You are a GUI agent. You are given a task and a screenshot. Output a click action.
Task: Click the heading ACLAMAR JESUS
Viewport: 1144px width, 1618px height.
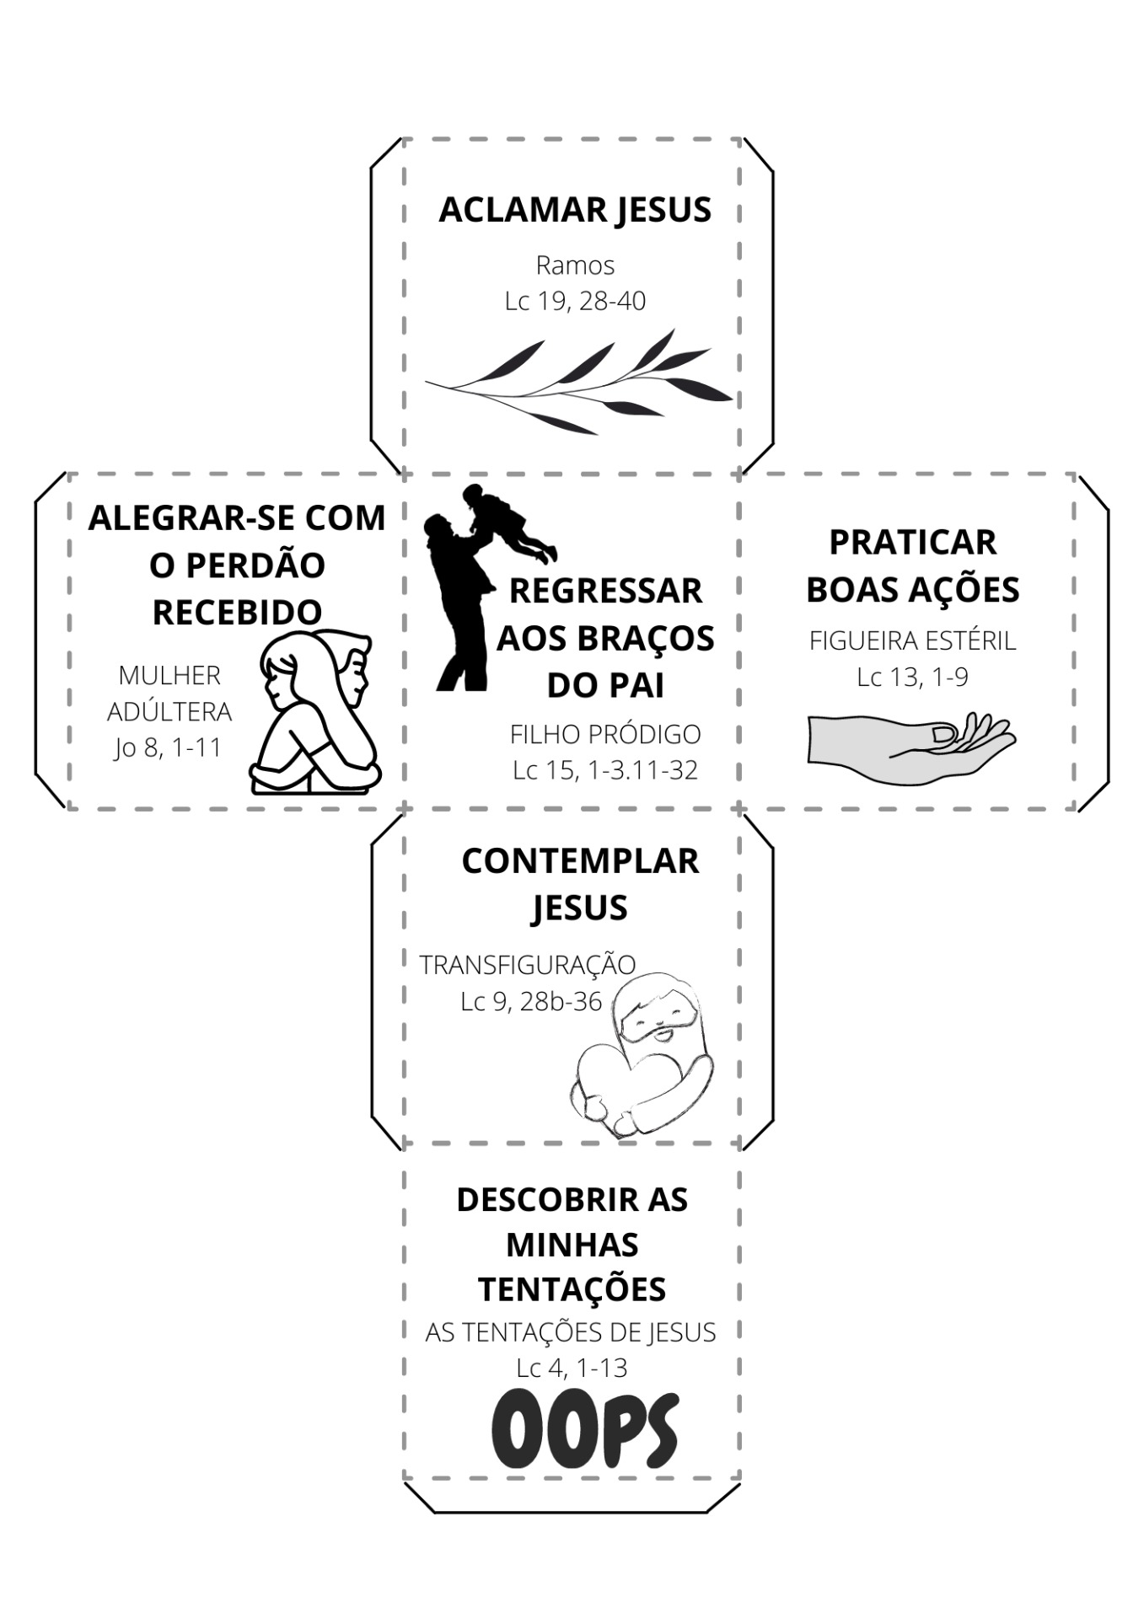575,210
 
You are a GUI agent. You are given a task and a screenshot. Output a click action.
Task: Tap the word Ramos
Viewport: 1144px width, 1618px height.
575,265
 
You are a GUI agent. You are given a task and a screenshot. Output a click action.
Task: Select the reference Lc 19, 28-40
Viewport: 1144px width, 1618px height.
575,301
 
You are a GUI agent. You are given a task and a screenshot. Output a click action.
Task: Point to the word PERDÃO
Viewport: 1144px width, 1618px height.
255,565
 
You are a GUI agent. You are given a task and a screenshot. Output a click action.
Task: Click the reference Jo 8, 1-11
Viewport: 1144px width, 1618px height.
169,747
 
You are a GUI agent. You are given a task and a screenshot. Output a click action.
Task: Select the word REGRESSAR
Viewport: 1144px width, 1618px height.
605,591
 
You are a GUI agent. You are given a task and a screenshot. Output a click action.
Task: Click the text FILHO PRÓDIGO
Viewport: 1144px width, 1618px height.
605,735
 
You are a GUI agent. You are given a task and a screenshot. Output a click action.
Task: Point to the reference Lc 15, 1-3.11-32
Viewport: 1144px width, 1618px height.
605,770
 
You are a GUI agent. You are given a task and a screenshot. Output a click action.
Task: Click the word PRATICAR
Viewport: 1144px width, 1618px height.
912,542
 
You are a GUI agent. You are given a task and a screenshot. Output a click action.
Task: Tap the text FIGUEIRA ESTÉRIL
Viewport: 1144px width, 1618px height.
912,641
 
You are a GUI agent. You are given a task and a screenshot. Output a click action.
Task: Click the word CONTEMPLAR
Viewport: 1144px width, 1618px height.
580,861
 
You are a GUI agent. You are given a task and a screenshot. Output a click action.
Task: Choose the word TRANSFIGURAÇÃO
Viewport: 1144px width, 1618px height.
528,965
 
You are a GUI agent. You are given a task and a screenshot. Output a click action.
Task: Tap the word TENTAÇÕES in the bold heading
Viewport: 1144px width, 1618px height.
572,1289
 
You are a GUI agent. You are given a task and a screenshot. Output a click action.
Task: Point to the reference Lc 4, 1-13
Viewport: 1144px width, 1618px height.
572,1368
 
